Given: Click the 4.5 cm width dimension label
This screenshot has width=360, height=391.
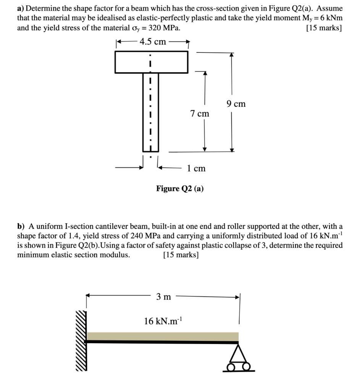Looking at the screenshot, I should [x=153, y=42].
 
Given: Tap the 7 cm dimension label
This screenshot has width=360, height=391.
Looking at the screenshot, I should [x=200, y=113].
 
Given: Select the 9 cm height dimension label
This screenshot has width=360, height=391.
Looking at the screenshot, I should [x=236, y=103].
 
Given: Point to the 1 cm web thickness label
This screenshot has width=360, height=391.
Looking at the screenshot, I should [x=196, y=168].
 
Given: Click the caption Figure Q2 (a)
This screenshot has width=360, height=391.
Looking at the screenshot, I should [x=180, y=188].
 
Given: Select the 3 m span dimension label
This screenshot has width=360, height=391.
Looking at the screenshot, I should [x=163, y=297].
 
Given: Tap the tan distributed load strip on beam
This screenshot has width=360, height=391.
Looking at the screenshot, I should [x=163, y=336].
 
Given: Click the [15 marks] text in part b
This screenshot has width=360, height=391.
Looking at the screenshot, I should [x=181, y=255].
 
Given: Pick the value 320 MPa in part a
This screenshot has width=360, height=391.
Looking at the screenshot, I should [x=162, y=28].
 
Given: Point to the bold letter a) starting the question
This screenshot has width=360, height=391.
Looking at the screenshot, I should [x=21, y=8].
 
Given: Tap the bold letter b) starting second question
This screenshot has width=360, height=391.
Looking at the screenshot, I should [x=21, y=226].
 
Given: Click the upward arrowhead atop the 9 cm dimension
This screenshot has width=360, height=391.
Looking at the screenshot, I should [x=231, y=54].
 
